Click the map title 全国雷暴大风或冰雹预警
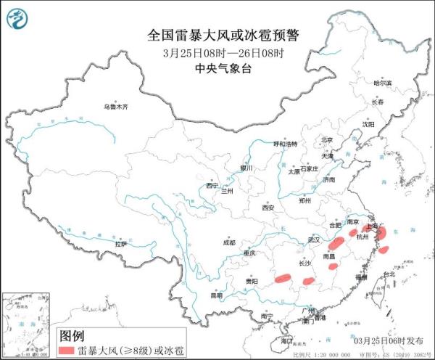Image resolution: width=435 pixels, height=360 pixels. tap(223, 36)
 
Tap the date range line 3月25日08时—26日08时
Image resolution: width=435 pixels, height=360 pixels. tap(223, 54)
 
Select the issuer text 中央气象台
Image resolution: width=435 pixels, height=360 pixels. tap(223, 69)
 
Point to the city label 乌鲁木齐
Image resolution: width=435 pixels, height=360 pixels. tap(115, 107)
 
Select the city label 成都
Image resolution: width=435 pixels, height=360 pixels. tap(229, 243)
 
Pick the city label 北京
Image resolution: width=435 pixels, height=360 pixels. tap(326, 140)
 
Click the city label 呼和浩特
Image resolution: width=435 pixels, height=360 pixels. tap(284, 144)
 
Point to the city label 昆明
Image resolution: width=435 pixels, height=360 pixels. tap(217, 295)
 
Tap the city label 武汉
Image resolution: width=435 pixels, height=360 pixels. tap(313, 239)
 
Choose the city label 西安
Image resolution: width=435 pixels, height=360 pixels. tap(268, 208)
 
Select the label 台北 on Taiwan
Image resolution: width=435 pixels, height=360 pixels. tap(389, 274)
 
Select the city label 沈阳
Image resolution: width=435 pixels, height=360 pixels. tap(369, 125)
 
